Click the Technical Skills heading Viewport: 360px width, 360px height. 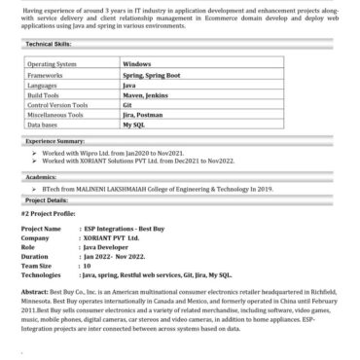(47, 45)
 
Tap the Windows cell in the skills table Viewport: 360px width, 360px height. (137, 62)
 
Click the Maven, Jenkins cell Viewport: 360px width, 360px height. (145, 94)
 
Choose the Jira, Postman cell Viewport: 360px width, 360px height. (143, 115)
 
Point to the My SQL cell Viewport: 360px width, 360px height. (133, 126)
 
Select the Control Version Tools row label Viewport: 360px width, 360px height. (58, 105)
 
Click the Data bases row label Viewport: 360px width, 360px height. (43, 126)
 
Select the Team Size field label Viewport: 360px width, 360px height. (36, 266)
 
